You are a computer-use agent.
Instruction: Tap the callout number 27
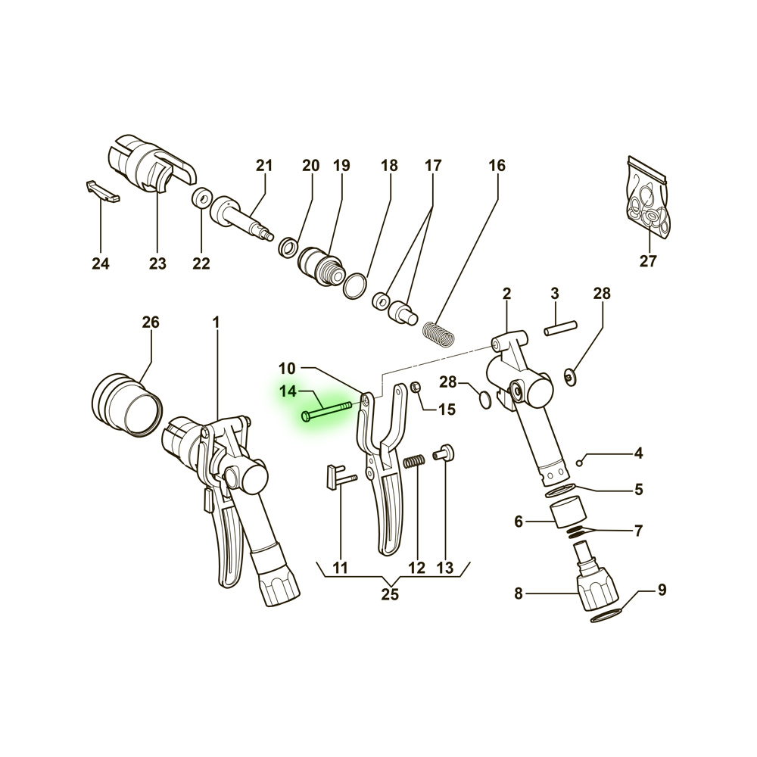tap(649, 261)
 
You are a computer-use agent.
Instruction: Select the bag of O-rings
tap(649, 198)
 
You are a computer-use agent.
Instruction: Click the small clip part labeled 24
tap(103, 192)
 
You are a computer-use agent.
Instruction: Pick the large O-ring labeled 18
tap(355, 286)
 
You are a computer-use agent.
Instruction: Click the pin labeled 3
tap(560, 328)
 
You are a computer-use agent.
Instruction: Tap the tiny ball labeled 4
tap(579, 463)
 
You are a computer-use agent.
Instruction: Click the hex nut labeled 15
tap(415, 387)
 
